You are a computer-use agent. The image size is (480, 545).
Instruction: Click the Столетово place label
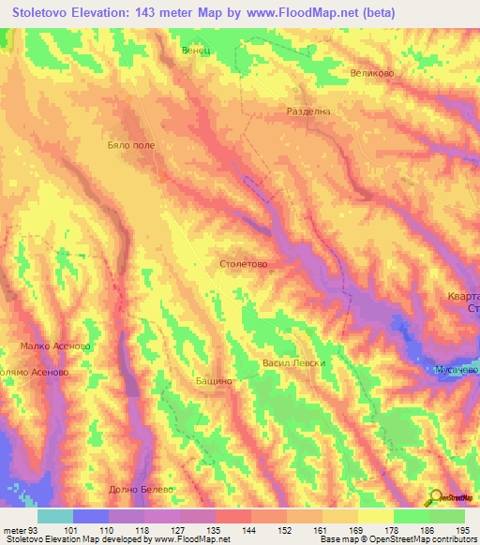(x=243, y=264)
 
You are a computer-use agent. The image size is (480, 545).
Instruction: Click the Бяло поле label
(x=130, y=146)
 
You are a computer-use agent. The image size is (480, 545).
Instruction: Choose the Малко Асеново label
(x=54, y=346)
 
